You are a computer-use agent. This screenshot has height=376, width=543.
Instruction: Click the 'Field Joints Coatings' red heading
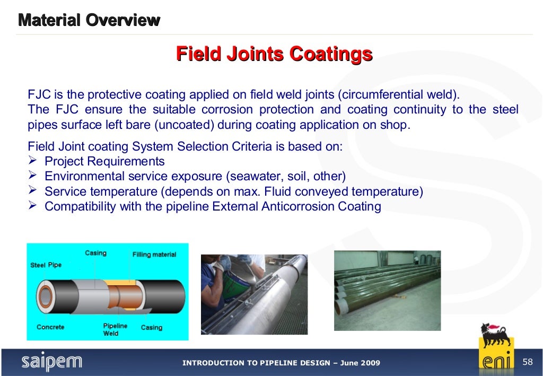[x=274, y=54]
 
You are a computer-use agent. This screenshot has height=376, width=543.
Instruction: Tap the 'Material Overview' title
[x=89, y=21]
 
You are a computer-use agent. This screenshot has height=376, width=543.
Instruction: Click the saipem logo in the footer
[x=52, y=362]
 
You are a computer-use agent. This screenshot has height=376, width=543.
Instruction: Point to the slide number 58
[x=527, y=362]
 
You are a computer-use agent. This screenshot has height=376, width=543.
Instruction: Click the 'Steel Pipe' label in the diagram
[x=46, y=265]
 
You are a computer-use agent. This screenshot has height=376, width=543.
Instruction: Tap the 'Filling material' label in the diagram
[x=154, y=255]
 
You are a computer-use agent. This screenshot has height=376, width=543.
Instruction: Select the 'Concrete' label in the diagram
[x=50, y=327]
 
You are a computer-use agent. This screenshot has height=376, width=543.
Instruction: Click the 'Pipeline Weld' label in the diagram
[x=111, y=329]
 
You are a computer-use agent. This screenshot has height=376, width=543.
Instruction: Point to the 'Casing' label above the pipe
[x=95, y=253]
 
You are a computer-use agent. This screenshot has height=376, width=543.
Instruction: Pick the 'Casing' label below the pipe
[x=151, y=327]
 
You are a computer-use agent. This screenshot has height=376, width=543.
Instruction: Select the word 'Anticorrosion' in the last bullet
[x=298, y=206]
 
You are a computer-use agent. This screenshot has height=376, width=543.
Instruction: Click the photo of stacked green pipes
[x=387, y=290]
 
